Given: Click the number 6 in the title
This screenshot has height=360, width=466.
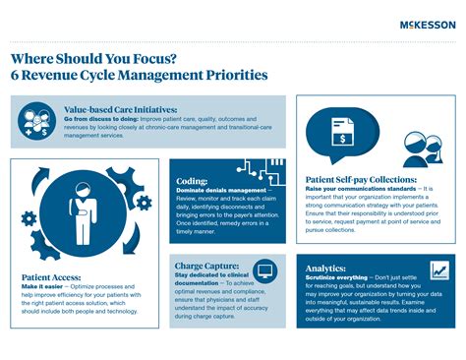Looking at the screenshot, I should (x=17, y=75).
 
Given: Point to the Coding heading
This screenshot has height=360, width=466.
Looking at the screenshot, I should (x=192, y=182).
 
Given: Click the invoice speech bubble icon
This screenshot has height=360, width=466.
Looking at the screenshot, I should (x=341, y=132).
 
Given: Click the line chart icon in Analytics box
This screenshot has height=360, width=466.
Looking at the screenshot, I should (x=437, y=270).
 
